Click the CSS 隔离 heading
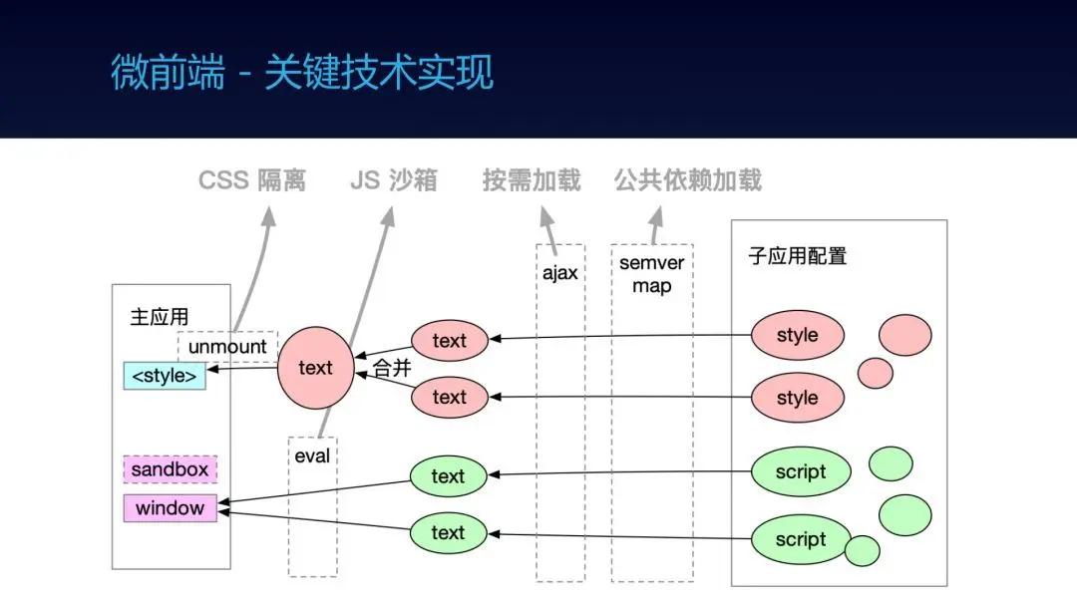pos(251,180)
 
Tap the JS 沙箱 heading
pos(394,180)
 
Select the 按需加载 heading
pos(532,180)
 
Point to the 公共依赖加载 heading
pos(687,180)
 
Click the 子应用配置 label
pos(798,256)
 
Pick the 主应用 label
pos(160,317)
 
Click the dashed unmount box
pos(227,347)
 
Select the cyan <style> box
pos(165,376)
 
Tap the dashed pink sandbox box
pos(171,469)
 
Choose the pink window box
pos(171,508)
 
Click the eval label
pos(312,455)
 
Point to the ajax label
pos(560,273)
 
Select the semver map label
pos(652,274)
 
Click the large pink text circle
pos(315,368)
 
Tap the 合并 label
pos(392,368)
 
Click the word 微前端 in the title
pos(168,72)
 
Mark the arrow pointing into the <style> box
pos(241,369)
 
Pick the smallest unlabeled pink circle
pos(876,373)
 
